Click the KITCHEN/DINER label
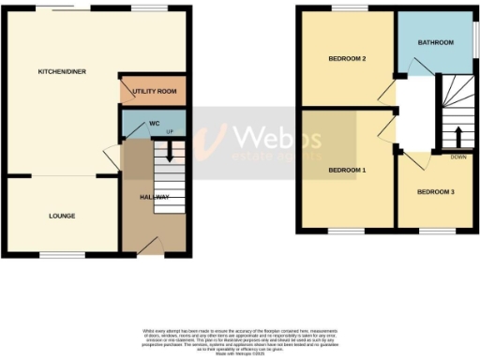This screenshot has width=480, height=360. (55, 72)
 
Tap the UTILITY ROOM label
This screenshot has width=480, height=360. (155, 92)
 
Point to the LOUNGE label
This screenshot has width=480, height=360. (62, 216)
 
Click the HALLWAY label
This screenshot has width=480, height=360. (155, 197)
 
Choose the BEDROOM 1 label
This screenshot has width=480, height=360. (347, 170)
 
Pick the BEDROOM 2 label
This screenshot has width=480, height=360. (346, 59)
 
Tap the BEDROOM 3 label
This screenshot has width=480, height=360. (436, 192)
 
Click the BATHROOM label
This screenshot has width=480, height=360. (436, 42)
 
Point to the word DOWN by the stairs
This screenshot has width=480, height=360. (458, 157)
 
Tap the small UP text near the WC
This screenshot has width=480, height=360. (170, 131)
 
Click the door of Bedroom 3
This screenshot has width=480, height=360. (412, 159)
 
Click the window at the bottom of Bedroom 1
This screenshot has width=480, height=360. (347, 231)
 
